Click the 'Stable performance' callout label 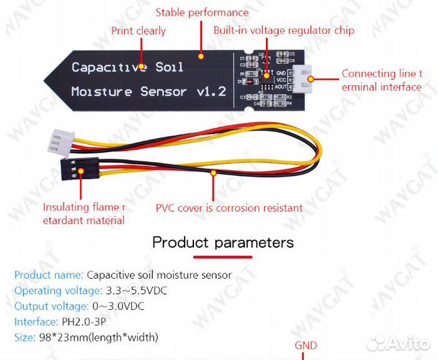click(202, 13)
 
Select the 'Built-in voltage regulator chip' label click(283, 31)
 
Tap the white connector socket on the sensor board click(303, 78)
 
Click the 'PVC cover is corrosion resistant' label click(229, 208)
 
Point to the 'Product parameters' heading click(223, 242)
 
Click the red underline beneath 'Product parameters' click(223, 255)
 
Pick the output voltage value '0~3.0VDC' click(117, 306)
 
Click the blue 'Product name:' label click(49, 275)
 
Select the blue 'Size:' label click(25, 337)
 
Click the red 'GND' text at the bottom click(306, 345)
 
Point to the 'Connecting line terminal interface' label click(382, 80)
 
